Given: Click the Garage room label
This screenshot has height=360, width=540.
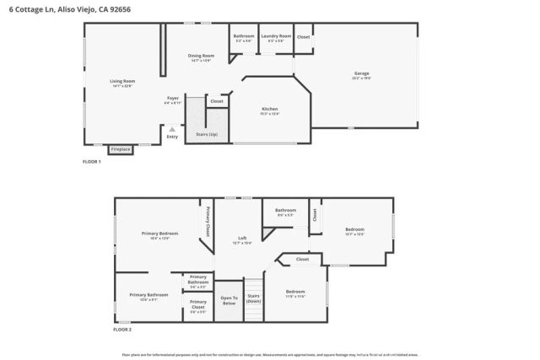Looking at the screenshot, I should [x=361, y=74].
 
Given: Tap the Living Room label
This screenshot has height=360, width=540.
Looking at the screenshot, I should [x=122, y=81].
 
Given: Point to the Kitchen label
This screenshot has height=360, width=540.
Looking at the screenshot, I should [x=270, y=110].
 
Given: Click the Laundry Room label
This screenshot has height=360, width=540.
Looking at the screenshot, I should [x=276, y=36].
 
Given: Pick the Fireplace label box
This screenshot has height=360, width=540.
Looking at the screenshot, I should [x=121, y=149].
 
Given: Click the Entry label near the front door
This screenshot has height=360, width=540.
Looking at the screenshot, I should [x=172, y=137].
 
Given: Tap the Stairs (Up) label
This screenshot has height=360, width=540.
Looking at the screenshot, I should [x=207, y=134].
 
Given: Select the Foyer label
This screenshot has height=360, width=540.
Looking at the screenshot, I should [x=172, y=98].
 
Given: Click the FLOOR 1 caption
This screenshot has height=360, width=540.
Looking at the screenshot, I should [x=91, y=161].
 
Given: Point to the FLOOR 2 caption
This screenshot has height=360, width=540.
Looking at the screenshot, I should [x=123, y=330].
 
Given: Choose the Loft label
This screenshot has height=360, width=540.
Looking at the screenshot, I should [x=242, y=239].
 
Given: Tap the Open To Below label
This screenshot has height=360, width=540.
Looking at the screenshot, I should [x=229, y=299].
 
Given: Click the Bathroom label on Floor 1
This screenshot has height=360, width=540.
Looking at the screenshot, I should [x=244, y=36].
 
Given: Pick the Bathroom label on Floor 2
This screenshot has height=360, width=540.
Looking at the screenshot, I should [x=285, y=210].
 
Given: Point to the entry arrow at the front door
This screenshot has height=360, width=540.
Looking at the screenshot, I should [x=172, y=129].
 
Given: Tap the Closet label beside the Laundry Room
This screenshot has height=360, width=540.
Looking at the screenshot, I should [x=303, y=37].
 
